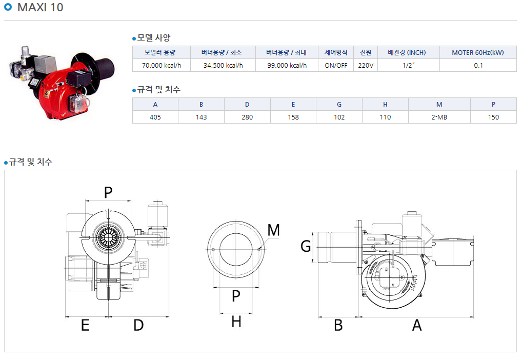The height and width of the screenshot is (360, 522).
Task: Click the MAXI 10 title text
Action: pos(40,7)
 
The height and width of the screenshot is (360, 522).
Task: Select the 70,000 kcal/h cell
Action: pos(162,65)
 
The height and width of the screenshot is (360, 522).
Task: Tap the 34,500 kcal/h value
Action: pos(223,65)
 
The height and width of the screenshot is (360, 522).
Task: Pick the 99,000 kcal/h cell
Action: pos(287,65)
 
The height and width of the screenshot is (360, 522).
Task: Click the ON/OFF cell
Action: pos(336,65)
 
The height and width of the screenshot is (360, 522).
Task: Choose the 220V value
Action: pos(366,65)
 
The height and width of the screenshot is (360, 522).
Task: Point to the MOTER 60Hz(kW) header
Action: pos(478,53)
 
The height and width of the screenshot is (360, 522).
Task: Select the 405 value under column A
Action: pos(155,117)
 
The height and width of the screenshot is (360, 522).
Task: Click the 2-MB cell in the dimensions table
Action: pos(439,117)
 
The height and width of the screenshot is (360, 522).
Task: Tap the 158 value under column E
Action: pos(293,117)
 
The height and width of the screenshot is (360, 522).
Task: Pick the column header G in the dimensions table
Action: pos(339,105)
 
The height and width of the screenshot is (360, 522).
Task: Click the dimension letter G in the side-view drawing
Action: pos(306,247)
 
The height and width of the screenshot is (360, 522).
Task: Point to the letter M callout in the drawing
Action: pos(274,230)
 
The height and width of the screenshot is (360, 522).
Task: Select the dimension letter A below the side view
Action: pos(417,325)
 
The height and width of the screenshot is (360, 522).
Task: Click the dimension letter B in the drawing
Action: pos(338,325)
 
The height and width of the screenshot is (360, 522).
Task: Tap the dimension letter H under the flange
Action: pos(236,322)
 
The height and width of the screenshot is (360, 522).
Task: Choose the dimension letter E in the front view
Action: pos(85,325)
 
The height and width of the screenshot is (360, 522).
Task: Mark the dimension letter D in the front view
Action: pos(138,325)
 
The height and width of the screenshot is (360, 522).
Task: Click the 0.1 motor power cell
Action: pos(478,65)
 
